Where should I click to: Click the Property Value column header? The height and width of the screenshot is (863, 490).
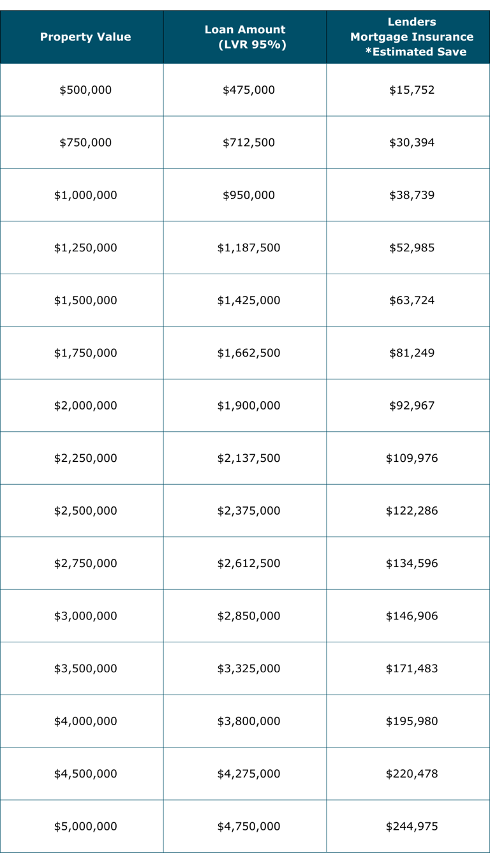[x=85, y=37]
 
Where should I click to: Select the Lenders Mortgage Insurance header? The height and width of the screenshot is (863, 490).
[x=412, y=37]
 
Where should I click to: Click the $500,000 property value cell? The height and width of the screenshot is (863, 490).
[x=85, y=90]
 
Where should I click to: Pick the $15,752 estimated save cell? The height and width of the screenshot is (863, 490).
[x=412, y=90]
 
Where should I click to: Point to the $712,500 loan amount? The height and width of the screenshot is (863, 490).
[x=249, y=142]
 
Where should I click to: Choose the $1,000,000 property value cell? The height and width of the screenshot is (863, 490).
[x=85, y=195]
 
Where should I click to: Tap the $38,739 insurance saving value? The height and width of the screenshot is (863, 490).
[x=412, y=195]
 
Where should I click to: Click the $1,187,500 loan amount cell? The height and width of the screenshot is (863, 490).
[x=249, y=247]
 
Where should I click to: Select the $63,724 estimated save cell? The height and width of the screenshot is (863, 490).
[x=412, y=300]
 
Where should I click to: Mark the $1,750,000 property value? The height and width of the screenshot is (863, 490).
[x=85, y=353]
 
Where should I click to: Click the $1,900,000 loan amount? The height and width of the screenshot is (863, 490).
[x=249, y=406]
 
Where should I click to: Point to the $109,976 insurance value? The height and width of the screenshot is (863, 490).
[x=412, y=458]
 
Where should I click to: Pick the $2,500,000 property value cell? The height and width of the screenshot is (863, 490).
[x=85, y=511]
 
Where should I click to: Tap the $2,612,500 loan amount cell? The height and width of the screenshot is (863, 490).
[x=249, y=563]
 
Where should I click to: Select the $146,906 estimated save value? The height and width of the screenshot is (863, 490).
[x=412, y=616]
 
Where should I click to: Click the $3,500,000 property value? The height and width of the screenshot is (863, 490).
[x=85, y=668]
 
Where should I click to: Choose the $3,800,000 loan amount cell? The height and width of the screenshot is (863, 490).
[x=249, y=721]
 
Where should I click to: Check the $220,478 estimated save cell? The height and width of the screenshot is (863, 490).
[x=412, y=774]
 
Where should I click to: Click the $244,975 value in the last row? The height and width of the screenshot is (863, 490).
[x=412, y=827]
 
